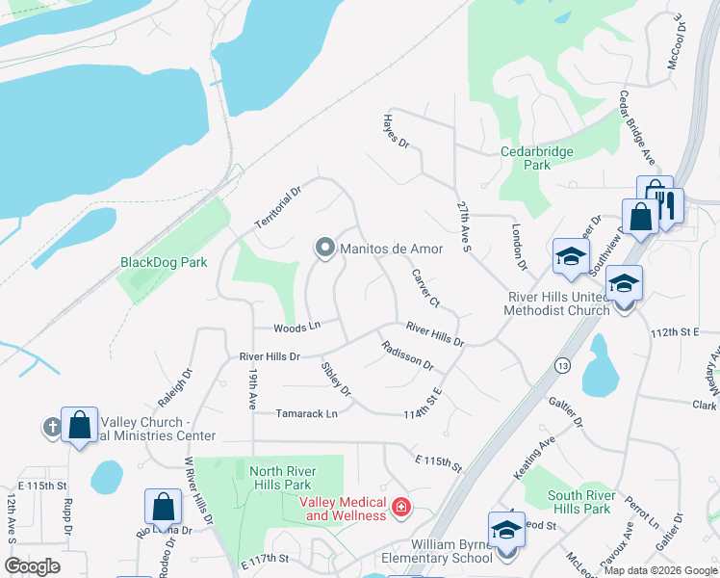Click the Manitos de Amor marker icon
pyautogui.click(x=324, y=249)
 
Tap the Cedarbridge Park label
pyautogui.click(x=537, y=158)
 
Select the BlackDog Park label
pyautogui.click(x=164, y=262)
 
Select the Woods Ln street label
pyautogui.click(x=296, y=328)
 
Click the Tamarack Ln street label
pyautogui.click(x=307, y=413)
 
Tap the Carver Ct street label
pyautogui.click(x=425, y=288)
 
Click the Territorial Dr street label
pyautogui.click(x=278, y=206)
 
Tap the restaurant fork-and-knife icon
pyautogui.click(x=666, y=203)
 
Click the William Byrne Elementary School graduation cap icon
pyautogui.click(x=506, y=530)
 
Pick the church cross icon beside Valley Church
pyautogui.click(x=52, y=426)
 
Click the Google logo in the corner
pyautogui.click(x=32, y=566)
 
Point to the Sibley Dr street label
pyautogui.click(x=337, y=377)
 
